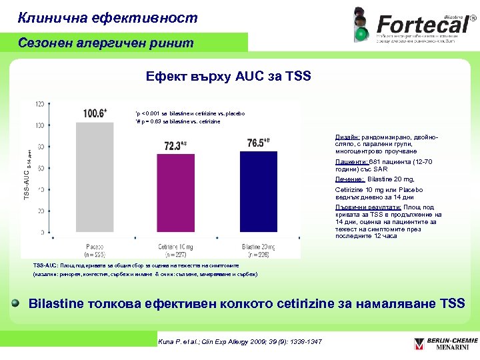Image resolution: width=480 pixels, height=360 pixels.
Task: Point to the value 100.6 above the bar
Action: coord(95,113)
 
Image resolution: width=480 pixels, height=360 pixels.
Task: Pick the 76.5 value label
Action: coord(258,142)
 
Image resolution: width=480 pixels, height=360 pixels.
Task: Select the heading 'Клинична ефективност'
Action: coord(107,18)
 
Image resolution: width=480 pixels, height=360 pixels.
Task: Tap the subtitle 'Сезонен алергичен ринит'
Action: coord(106,43)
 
